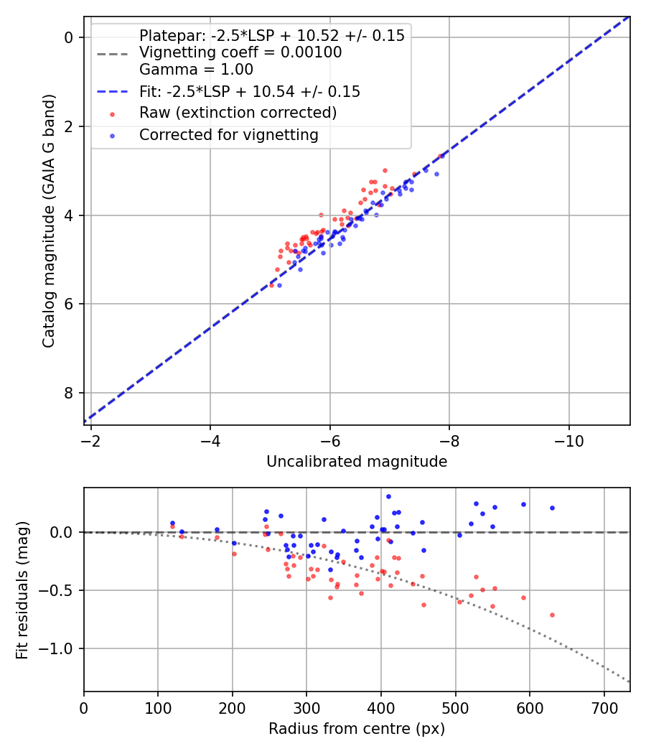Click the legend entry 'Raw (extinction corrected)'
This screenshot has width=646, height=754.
pos(238,113)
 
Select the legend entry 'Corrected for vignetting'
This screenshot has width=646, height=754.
pos(228,134)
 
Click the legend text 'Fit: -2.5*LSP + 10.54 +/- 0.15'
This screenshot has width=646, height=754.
pos(250,91)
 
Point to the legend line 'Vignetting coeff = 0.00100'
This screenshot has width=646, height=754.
pos(240,52)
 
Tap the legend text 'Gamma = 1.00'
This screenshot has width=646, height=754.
pos(196,70)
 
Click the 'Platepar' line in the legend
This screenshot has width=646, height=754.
pos(271,36)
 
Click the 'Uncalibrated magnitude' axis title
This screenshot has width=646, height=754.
pos(357,462)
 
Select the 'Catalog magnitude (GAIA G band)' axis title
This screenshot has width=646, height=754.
pos(49,220)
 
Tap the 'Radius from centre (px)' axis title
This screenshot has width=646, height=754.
pos(357,729)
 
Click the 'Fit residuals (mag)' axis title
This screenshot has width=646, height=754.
pos(22,590)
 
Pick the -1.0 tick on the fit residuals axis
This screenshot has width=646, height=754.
pos(63,648)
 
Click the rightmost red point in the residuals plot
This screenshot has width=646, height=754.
pos(552,615)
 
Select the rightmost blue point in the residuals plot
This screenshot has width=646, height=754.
pos(552,508)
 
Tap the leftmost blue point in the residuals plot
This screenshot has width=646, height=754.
pos(172,523)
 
